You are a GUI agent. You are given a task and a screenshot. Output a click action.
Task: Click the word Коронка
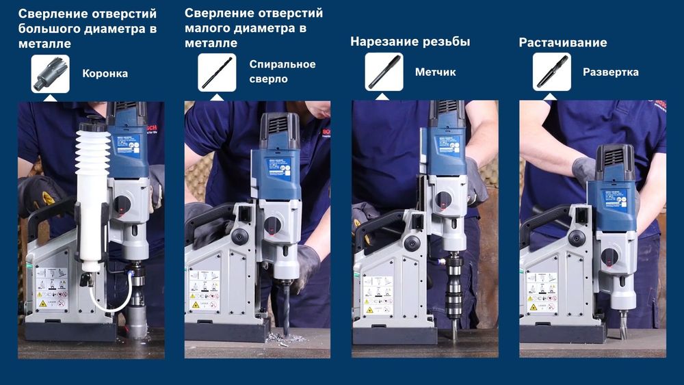(x=105, y=73)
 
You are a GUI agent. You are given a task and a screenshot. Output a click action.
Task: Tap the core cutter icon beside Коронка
(x=50, y=72)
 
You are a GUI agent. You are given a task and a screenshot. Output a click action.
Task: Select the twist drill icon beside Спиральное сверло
(x=217, y=72)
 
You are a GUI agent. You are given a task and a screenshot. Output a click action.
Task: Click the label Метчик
(x=435, y=72)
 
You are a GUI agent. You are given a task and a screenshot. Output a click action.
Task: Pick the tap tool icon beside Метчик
(x=384, y=72)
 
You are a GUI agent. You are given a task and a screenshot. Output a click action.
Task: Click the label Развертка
(x=610, y=72)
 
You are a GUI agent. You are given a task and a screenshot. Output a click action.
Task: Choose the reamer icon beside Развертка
(x=551, y=72)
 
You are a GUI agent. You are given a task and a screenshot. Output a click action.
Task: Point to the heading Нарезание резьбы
(x=410, y=42)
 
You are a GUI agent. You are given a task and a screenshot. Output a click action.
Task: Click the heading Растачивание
(x=562, y=42)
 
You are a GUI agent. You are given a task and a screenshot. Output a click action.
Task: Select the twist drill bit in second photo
(x=286, y=308)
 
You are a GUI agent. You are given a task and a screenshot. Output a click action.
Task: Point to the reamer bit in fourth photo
(x=624, y=326)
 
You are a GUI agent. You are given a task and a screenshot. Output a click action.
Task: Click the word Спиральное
(x=282, y=64)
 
